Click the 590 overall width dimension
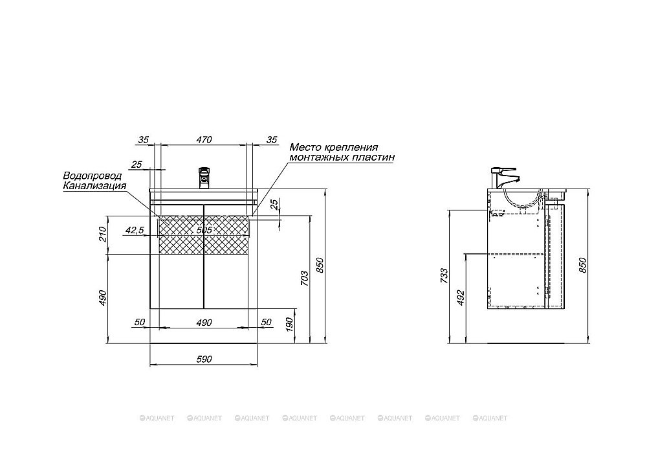click(204, 360)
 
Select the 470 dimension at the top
click(204, 139)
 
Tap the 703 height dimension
click(304, 279)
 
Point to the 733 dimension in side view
click(444, 276)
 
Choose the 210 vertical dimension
click(103, 235)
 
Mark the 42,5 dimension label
click(135, 230)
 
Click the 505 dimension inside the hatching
click(204, 230)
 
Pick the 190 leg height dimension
click(289, 325)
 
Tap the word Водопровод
click(93, 176)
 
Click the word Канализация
click(94, 185)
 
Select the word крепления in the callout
click(351, 148)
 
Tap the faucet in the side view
click(503, 177)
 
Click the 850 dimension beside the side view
click(582, 265)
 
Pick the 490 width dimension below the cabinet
click(204, 322)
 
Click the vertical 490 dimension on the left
click(103, 298)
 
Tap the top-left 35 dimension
click(143, 139)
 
